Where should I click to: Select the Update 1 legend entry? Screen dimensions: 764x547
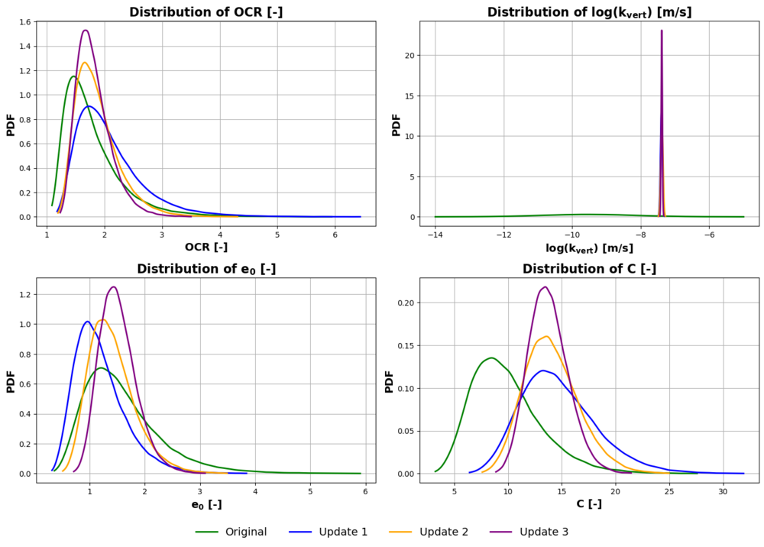pyautogui.click(x=328, y=532)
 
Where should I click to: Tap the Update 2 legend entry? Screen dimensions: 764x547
pyautogui.click(x=429, y=532)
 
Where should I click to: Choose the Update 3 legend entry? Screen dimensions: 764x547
pyautogui.click(x=529, y=532)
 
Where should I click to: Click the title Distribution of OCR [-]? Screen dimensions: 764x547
pyautogui.click(x=206, y=12)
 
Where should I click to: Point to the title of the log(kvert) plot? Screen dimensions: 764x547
pyautogui.click(x=589, y=13)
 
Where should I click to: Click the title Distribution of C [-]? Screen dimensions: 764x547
pyautogui.click(x=589, y=269)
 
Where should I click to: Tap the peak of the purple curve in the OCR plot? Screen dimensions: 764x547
pyautogui.click(x=86, y=31)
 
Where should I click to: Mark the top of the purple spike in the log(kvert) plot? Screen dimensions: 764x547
pyautogui.click(x=662, y=31)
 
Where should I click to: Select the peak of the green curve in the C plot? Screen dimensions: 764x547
pyautogui.click(x=491, y=358)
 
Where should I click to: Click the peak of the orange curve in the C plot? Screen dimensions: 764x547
pyautogui.click(x=546, y=336)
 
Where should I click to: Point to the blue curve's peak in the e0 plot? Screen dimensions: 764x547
pyautogui.click(x=87, y=322)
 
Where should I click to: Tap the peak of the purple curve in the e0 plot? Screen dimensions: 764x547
pyautogui.click(x=114, y=286)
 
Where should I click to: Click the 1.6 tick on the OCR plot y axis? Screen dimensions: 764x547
pyautogui.click(x=24, y=22)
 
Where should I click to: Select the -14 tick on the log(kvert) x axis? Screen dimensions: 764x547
pyautogui.click(x=435, y=235)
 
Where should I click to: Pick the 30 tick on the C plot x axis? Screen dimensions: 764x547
pyautogui.click(x=723, y=491)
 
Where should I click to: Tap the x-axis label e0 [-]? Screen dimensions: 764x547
pyautogui.click(x=206, y=505)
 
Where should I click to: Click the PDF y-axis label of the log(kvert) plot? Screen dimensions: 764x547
pyautogui.click(x=396, y=125)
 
